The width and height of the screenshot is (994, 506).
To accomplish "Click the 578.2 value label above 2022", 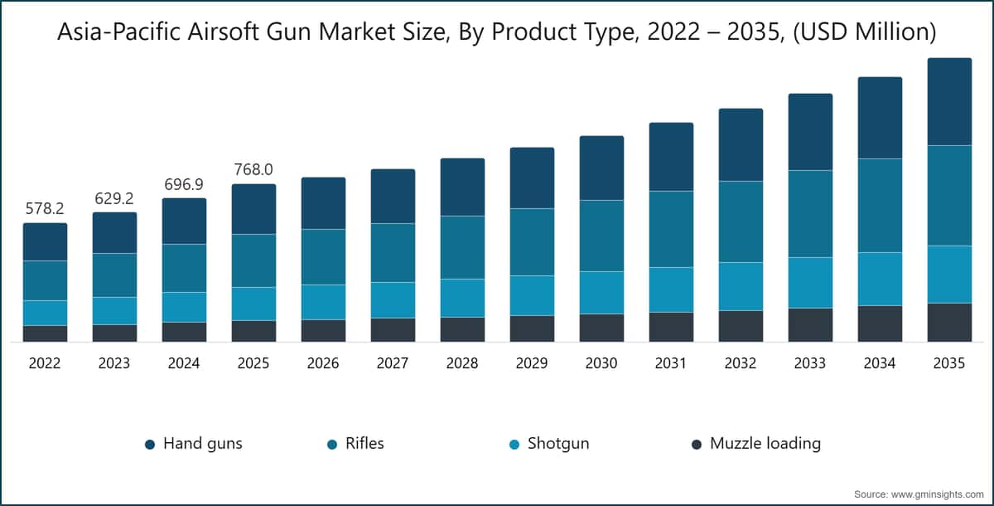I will point(45,209).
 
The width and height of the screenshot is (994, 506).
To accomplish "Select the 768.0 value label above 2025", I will point(253,170).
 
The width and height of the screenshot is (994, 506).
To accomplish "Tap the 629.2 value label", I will point(114,199).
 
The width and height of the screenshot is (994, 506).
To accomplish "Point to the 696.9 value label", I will point(184,184).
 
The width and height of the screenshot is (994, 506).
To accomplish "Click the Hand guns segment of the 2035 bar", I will point(949,101).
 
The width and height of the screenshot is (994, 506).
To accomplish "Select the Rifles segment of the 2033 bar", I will point(810,214).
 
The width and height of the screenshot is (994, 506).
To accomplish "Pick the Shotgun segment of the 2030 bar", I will point(601,292).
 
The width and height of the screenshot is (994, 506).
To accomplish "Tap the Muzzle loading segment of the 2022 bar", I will point(45,333).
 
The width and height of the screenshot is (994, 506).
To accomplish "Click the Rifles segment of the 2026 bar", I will point(323,257).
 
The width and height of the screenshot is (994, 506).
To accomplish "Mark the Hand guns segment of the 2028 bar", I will point(462,187).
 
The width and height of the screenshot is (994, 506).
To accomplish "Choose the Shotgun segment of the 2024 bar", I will point(184,307).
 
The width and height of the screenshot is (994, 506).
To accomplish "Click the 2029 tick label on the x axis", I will point(532,363).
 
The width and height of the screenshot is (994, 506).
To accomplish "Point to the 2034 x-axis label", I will point(880,363).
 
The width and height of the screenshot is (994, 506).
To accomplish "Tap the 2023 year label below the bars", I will point(114,363).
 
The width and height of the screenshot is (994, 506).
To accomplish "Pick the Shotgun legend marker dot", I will point(514,445).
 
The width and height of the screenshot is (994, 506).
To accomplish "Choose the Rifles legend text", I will point(364,444).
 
